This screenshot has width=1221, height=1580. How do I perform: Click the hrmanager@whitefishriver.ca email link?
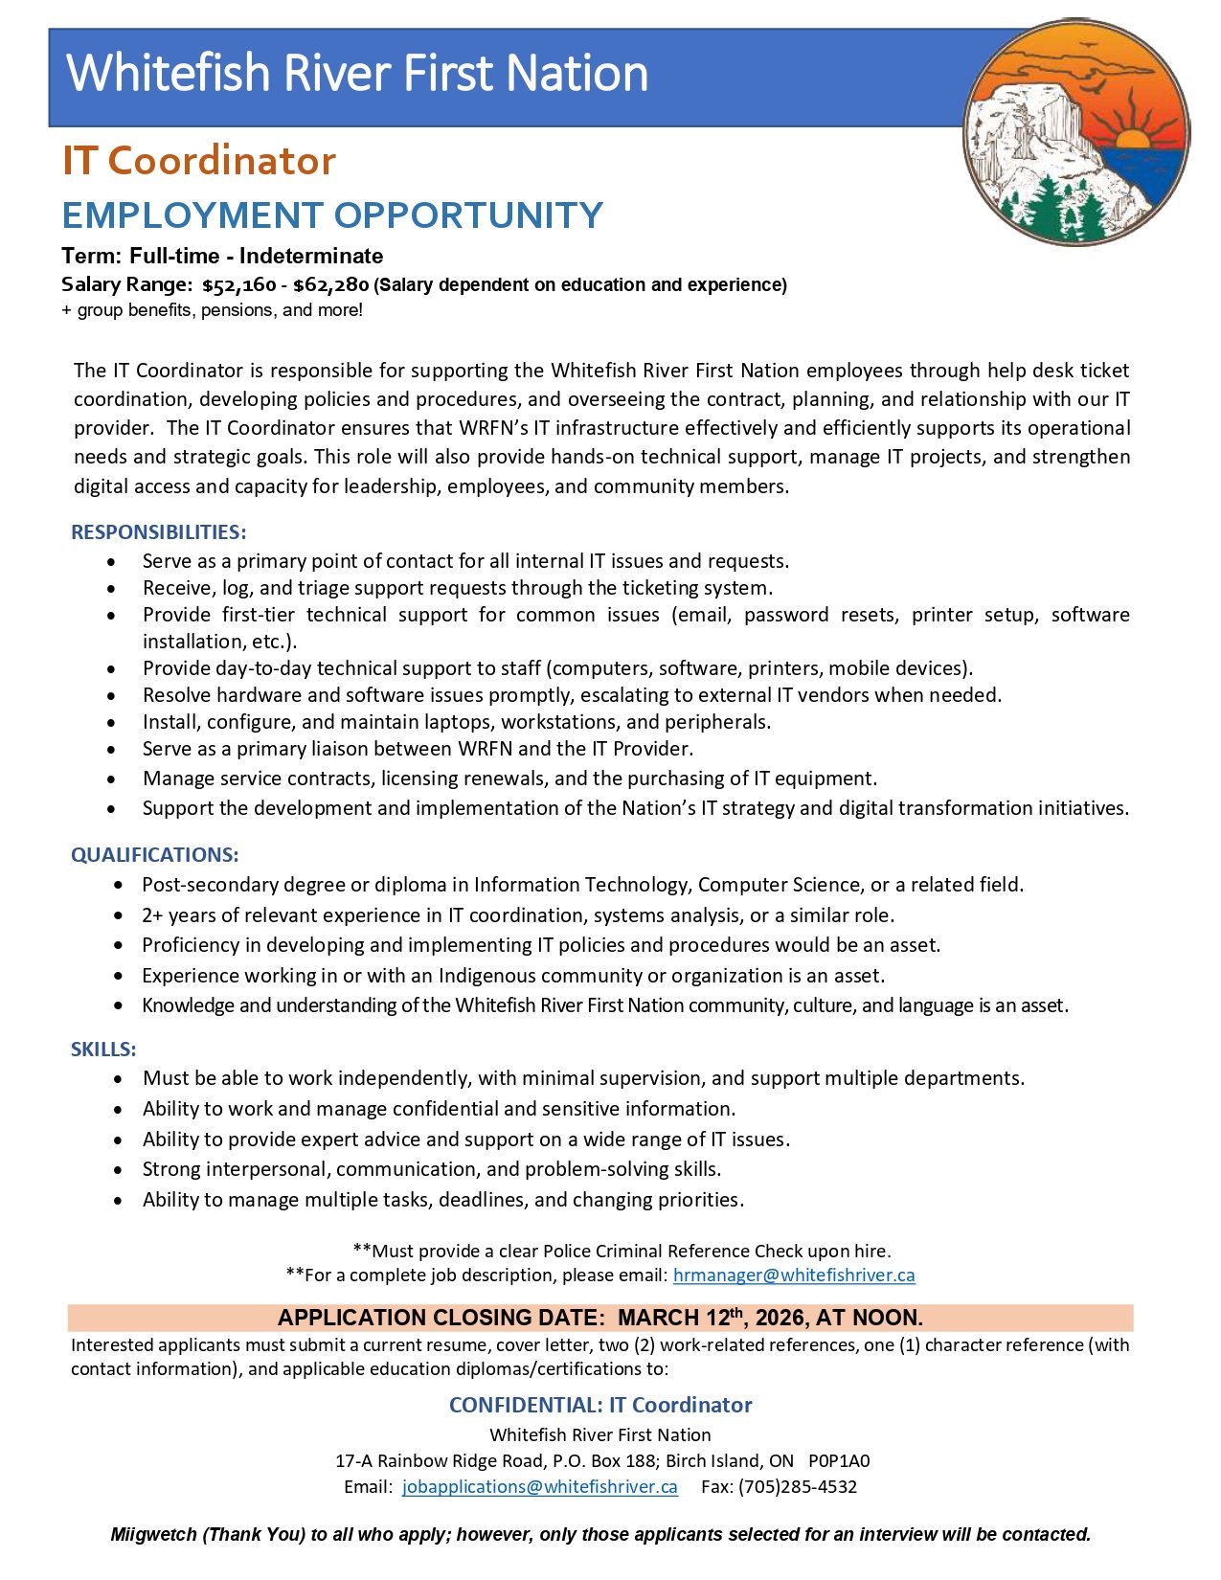click(794, 1275)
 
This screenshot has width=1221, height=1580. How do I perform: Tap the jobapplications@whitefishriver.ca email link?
click(539, 1487)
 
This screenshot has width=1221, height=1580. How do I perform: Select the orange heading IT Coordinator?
click(199, 161)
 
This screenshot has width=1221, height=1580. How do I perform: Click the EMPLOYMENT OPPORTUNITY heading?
click(332, 215)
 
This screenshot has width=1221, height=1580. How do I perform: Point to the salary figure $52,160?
click(238, 285)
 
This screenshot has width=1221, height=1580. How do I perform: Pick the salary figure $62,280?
click(330, 285)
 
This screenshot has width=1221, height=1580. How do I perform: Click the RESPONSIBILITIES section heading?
click(158, 532)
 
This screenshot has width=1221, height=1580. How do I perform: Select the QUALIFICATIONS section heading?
click(154, 855)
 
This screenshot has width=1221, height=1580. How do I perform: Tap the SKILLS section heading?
click(103, 1050)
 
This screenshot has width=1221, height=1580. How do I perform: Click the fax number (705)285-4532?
click(798, 1487)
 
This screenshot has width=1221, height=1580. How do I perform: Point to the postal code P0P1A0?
click(839, 1461)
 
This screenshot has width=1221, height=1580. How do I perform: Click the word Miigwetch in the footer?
click(153, 1535)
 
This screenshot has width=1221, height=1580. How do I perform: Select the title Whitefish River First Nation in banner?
click(357, 74)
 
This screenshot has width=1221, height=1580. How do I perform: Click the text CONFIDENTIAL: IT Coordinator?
click(600, 1405)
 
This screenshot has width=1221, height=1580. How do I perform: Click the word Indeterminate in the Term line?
click(311, 257)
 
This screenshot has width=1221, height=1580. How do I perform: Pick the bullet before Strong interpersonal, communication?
click(118, 1170)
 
